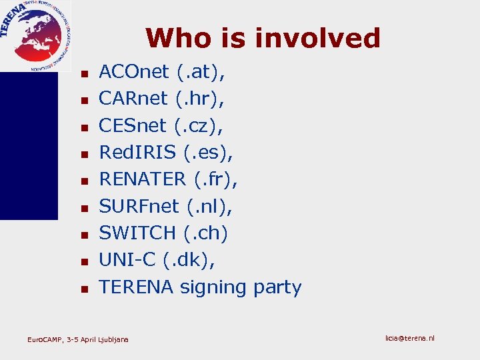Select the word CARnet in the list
(x=133, y=98)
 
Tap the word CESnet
(x=133, y=125)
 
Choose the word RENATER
(x=143, y=179)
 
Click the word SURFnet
(x=139, y=206)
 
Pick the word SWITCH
(x=137, y=233)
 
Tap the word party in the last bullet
(x=277, y=288)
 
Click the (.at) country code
(x=200, y=72)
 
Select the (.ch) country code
(x=205, y=233)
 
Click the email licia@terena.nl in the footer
(x=409, y=339)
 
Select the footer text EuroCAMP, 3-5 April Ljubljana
(x=78, y=340)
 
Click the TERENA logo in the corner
(x=35, y=35)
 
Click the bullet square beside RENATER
(x=84, y=181)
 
